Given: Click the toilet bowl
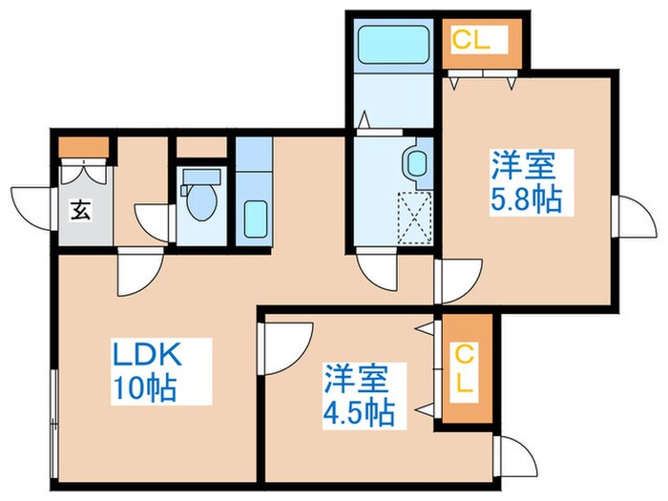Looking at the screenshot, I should click(199, 198).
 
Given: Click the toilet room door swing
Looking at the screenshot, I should click(153, 219).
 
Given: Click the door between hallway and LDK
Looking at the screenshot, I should click(135, 278).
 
